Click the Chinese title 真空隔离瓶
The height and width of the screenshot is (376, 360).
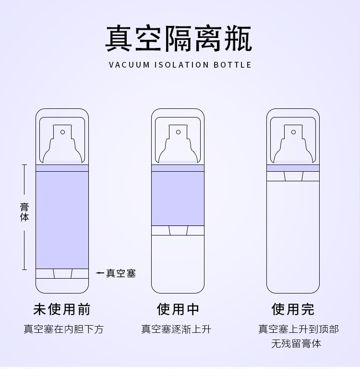179,38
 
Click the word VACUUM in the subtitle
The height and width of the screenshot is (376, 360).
129,65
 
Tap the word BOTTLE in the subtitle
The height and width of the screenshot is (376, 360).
232,65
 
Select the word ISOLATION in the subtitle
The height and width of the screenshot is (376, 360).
181,65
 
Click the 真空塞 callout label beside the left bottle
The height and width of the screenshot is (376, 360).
121,273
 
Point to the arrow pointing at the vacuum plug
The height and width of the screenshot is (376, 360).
100,273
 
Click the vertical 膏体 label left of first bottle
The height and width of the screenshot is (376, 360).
24,212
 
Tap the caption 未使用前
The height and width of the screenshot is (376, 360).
62,309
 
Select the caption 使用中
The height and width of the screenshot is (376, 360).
178,309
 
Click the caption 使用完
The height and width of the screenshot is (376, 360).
293,309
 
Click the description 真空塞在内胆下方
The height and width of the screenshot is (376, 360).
63,329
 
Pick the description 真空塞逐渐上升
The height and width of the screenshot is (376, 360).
176,329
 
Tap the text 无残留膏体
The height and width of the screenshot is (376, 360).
296,343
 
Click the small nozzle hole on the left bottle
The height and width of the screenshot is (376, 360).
62,132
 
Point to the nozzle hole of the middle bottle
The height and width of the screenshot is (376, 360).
179,132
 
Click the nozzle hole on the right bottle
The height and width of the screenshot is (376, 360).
294,132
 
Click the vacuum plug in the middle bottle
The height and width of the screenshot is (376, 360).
178,230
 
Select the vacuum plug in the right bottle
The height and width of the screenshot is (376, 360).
293,176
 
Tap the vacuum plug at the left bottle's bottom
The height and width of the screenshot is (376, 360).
62,273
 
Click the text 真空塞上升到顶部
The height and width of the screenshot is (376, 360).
299,329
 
